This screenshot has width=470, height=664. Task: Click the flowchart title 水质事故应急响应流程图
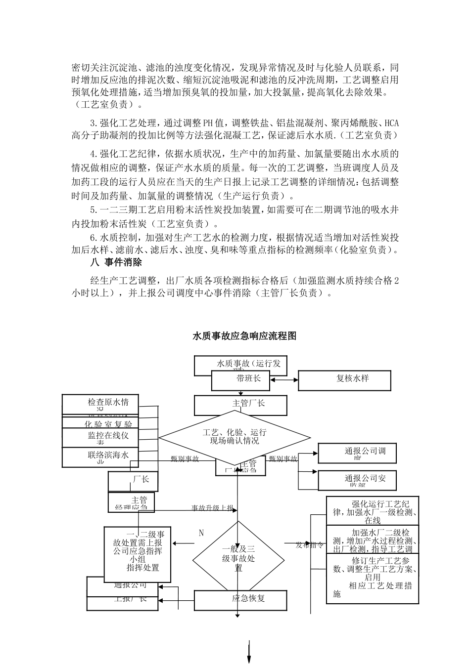(x=244, y=336)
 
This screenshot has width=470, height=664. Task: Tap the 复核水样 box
(x=344, y=380)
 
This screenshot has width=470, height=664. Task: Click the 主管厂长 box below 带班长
(x=240, y=405)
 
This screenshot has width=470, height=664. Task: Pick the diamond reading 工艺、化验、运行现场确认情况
(x=235, y=437)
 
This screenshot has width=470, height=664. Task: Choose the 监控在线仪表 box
(x=101, y=436)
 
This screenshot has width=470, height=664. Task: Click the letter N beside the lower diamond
(x=201, y=533)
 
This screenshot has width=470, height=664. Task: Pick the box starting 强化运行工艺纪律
(x=373, y=510)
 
